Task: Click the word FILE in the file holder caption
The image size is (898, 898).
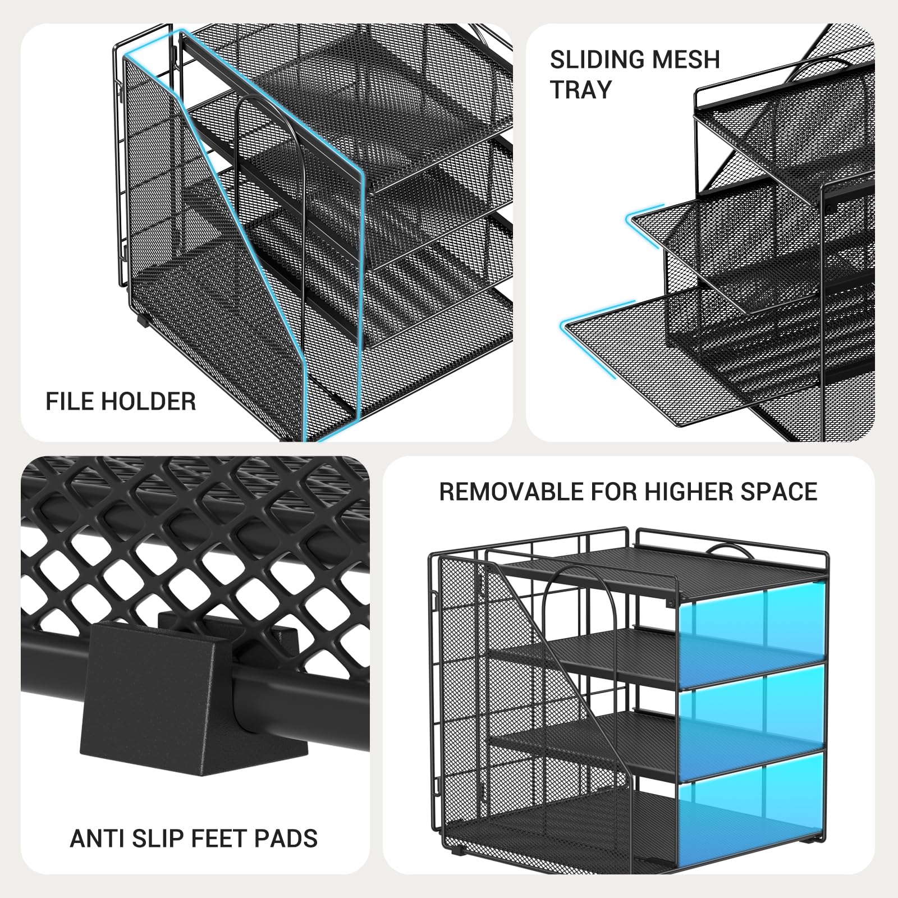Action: (x=67, y=402)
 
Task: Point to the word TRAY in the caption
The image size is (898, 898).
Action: (x=581, y=90)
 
